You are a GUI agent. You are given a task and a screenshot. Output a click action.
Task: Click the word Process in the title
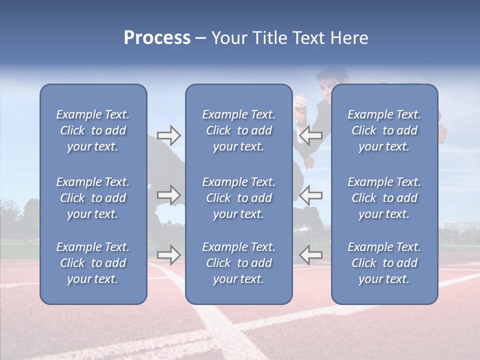click(157, 38)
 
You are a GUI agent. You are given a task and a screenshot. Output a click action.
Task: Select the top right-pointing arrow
click(168, 135)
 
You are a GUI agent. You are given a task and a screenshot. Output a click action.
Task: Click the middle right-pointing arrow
click(168, 195)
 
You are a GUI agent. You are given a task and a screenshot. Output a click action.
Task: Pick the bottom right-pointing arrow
click(168, 255)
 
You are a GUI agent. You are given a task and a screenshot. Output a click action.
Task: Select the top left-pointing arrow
click(311, 135)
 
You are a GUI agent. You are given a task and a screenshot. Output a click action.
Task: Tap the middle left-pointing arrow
click(311, 195)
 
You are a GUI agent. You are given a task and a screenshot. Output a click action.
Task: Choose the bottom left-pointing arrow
click(311, 255)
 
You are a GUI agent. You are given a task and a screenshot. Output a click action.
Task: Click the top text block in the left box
click(93, 130)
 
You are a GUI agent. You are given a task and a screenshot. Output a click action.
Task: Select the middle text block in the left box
click(93, 198)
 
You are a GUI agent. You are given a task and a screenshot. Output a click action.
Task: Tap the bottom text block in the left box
click(93, 263)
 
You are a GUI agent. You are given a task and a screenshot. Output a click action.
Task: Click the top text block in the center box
click(238, 130)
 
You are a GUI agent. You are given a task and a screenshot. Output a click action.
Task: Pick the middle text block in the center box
click(238, 198)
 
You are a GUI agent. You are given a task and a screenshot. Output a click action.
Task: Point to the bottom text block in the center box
click(238, 263)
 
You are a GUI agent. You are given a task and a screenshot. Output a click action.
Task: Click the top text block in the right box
click(384, 130)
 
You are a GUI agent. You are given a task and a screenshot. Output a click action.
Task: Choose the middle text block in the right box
click(384, 198)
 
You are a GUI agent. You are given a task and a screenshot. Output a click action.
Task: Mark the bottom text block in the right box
click(384, 263)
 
